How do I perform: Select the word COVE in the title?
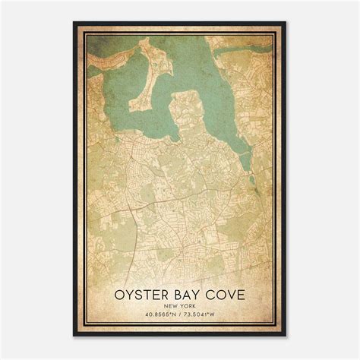226,292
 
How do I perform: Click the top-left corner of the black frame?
74,23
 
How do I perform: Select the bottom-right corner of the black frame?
286,336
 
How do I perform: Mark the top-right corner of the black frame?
286,23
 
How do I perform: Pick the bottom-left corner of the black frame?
74,336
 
